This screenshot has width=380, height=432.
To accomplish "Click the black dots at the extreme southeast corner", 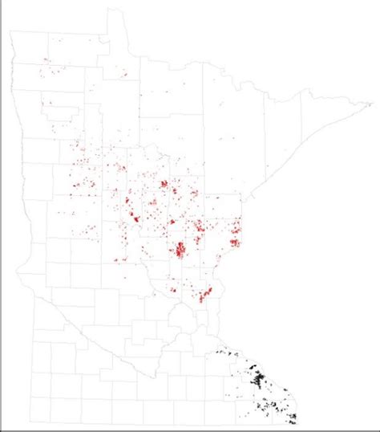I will tap(292, 418).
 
